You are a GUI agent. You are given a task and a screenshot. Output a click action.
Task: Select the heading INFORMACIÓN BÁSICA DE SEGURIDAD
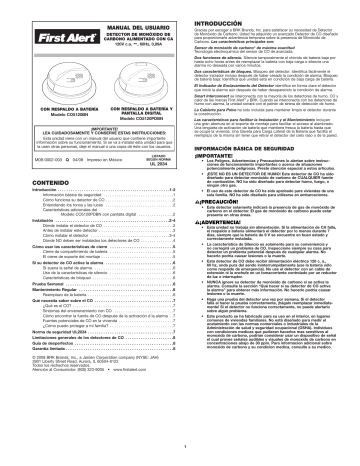tap(234, 151)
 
